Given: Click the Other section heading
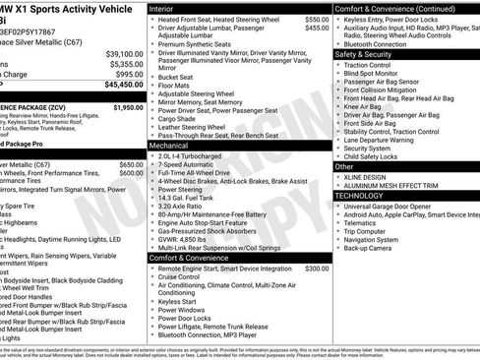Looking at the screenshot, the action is [x=345, y=166].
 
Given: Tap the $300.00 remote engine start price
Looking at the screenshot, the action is [x=317, y=268].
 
